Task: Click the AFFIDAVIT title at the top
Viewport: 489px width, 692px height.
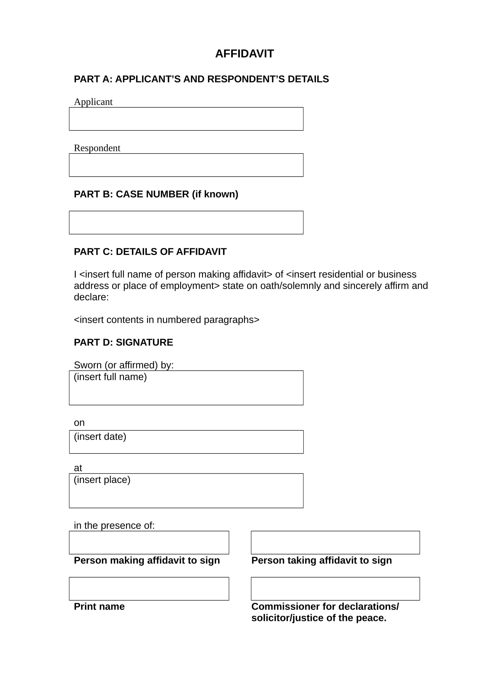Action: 244,54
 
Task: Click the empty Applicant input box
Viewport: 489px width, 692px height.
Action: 186,119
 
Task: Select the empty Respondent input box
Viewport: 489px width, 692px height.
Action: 186,165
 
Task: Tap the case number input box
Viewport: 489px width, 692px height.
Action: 186,222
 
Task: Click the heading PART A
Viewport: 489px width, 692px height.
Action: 201,79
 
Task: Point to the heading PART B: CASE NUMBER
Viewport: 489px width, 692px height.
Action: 156,194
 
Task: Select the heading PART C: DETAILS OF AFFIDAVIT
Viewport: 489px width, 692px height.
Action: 150,252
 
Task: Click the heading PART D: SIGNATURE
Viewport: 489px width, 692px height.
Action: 123,342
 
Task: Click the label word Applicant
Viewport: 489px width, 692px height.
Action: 93,102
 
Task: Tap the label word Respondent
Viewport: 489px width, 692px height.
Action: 97,148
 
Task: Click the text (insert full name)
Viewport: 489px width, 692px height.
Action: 110,377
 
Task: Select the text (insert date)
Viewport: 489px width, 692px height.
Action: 100,436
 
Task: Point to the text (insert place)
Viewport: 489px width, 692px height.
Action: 102,480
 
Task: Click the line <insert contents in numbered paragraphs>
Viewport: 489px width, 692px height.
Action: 166,320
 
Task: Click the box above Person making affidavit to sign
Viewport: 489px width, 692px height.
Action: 149,543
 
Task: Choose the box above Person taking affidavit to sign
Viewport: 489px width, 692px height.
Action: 335,543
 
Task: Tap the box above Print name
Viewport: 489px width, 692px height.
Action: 149,589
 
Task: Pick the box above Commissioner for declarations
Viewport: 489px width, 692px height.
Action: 335,589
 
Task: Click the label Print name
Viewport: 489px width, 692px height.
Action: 99,606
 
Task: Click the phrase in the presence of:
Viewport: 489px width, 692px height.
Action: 114,525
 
